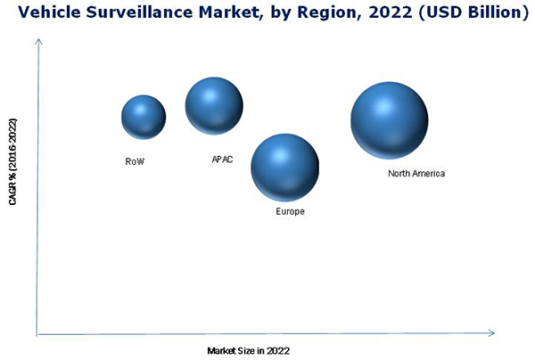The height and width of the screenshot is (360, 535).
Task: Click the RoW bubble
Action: coord(144,117)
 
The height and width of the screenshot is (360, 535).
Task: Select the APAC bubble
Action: coord(214,105)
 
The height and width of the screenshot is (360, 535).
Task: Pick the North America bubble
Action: coord(389,120)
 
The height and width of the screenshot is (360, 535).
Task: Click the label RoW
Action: coord(135,162)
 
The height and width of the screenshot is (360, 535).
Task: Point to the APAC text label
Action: coord(222,160)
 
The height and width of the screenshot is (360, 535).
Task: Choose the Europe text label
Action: coord(290,212)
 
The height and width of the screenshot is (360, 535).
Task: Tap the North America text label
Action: coord(416,174)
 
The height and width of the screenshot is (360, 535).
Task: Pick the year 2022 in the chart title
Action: coord(374,13)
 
